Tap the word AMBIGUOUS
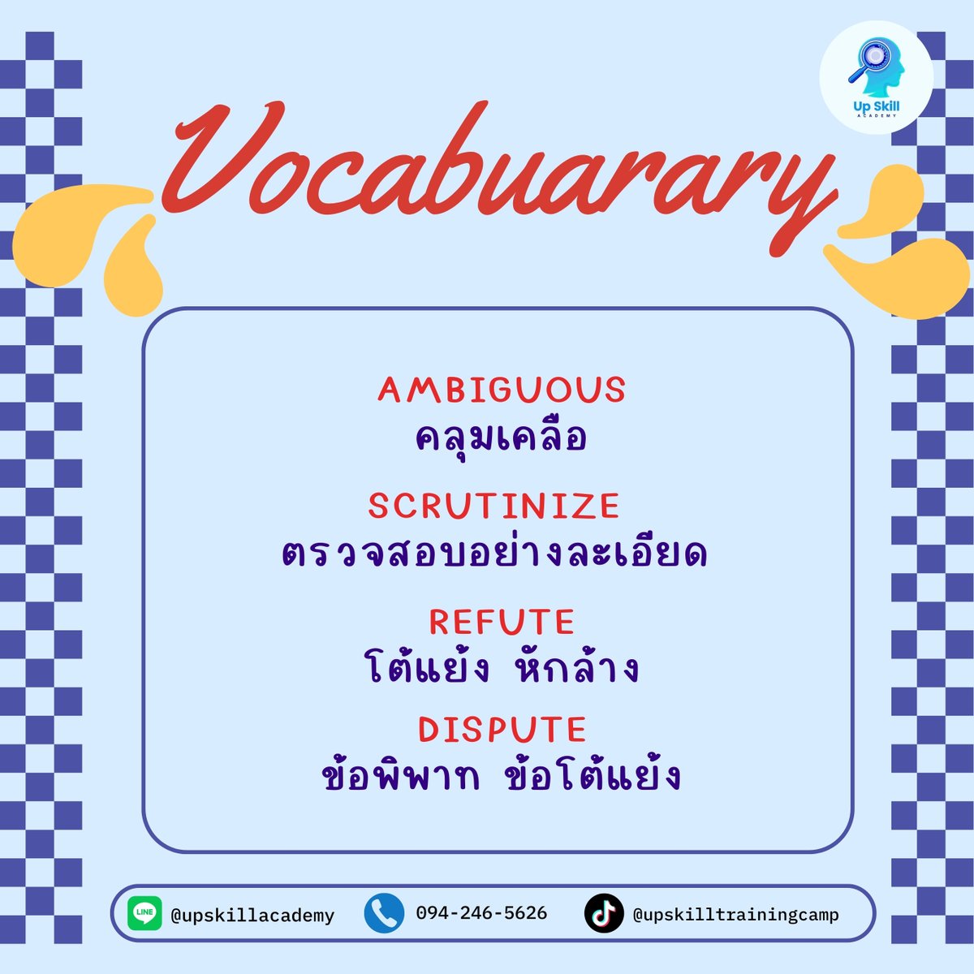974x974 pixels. coord(502,390)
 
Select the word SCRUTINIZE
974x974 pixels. coord(493,506)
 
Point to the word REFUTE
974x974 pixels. coord(502,623)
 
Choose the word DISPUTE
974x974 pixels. coord(502,730)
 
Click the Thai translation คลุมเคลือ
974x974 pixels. coord(501,439)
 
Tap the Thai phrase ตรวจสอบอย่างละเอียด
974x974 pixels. coord(494,554)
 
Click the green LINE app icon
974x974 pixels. coord(145,914)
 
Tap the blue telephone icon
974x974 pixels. coord(384,914)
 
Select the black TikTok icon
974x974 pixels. coord(604,914)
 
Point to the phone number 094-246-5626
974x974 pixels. coord(481,913)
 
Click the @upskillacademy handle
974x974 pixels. coord(252,916)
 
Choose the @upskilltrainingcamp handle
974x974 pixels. coord(735,915)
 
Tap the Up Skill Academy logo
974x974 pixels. coord(877,77)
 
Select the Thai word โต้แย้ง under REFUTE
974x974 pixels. coord(427,670)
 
